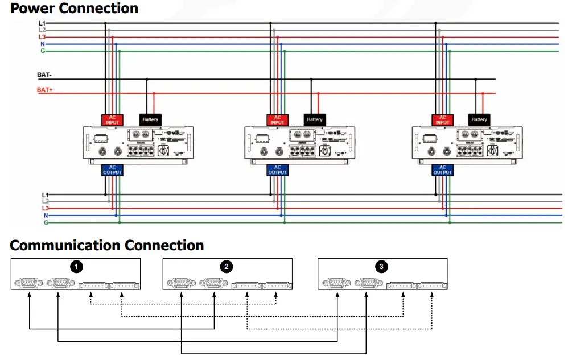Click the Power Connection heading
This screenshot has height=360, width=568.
pos(74,9)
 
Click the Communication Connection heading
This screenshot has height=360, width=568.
pos(107,246)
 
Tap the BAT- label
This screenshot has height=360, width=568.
pos(44,75)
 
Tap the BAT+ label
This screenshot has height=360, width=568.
pos(44,90)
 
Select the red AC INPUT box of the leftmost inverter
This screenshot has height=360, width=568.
pos(112,119)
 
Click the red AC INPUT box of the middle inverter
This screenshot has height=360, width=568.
pos(277,119)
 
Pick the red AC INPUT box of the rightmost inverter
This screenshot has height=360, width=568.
pos(442,119)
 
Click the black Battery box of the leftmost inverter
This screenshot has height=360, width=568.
pos(150,119)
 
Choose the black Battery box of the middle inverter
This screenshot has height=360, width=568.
pos(315,119)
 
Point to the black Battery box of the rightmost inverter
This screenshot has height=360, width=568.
pos(479,119)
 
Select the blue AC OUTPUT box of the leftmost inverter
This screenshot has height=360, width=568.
pos(112,169)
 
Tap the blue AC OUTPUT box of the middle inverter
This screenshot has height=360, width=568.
pos(277,169)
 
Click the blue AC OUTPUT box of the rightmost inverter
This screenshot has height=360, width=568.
pos(442,169)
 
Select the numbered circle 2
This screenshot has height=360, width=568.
pos(227,266)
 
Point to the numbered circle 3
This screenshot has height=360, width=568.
pos(381,266)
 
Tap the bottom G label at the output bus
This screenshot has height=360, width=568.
pos(46,223)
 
